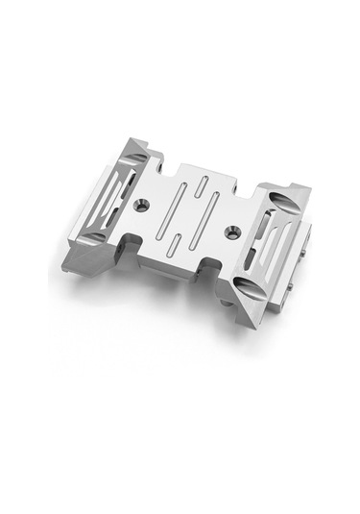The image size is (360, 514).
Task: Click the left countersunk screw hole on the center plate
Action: pos(143,205)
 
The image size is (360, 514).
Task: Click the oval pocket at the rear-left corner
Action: pos(136,152)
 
